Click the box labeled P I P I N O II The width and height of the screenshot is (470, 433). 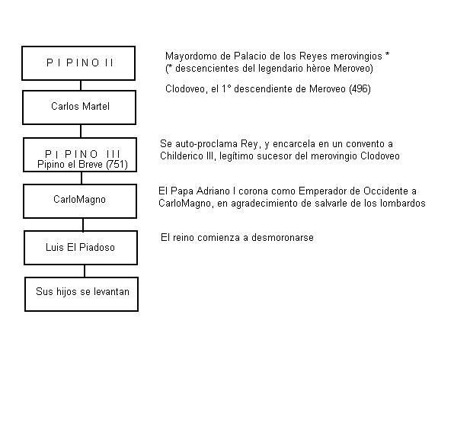[x=78, y=63]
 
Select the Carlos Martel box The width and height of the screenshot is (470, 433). [x=79, y=107]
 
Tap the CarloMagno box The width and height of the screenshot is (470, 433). [x=79, y=200]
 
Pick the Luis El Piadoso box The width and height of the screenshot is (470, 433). [x=81, y=247]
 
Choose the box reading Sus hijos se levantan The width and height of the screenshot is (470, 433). [x=82, y=293]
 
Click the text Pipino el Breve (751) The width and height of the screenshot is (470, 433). [x=82, y=165]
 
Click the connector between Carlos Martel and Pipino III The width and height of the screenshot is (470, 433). [x=82, y=131]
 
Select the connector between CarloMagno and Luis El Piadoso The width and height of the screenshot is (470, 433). [x=83, y=224]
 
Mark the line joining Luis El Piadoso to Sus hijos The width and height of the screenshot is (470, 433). [x=85, y=270]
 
